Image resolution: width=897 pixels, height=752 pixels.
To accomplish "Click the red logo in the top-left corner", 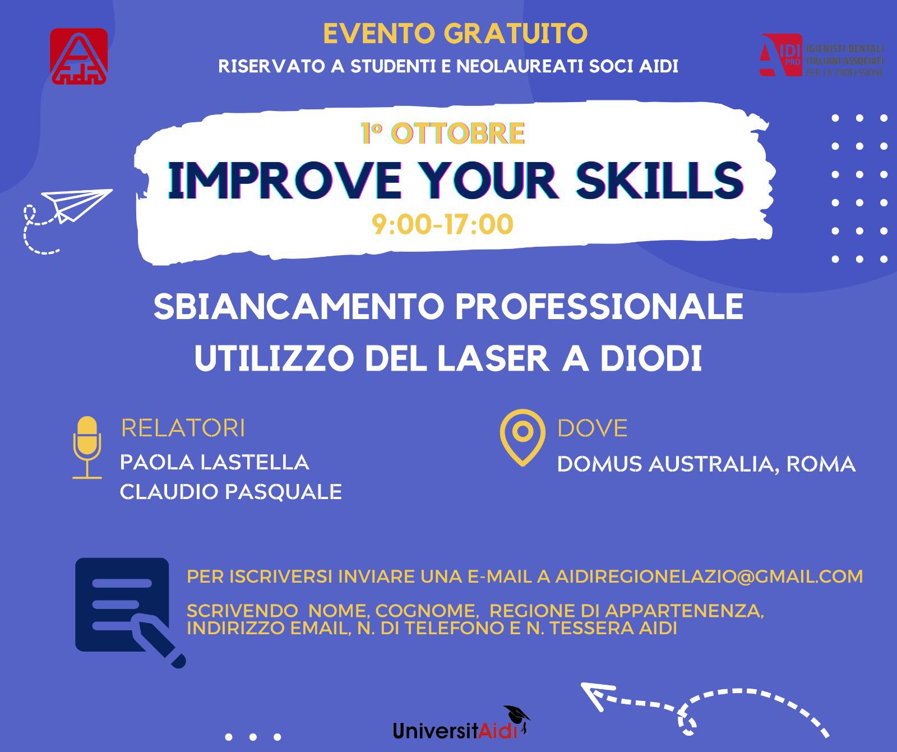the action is pos(78,57).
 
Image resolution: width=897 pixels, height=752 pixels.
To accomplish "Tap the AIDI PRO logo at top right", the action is pos(822,55).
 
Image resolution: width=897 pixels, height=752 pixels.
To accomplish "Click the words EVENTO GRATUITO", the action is pos(455,34).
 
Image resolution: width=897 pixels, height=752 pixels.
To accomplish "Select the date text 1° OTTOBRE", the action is pos(443,133).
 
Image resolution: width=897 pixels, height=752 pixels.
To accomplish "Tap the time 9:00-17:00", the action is pos(443,225).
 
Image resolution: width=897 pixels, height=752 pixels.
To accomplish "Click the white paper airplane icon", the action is pos(77,205).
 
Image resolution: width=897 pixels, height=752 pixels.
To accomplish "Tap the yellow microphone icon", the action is pos(87,447).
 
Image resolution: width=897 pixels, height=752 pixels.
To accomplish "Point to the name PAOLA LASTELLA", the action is pos(215,463).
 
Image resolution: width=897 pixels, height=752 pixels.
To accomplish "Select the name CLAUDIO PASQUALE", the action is pos(231,492).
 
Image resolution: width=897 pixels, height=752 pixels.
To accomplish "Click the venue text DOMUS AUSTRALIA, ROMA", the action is pos(706,464).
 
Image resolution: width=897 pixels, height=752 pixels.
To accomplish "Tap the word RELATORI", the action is pos(183,428).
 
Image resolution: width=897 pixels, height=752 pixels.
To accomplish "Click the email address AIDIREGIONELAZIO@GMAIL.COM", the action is pos(709,576).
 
